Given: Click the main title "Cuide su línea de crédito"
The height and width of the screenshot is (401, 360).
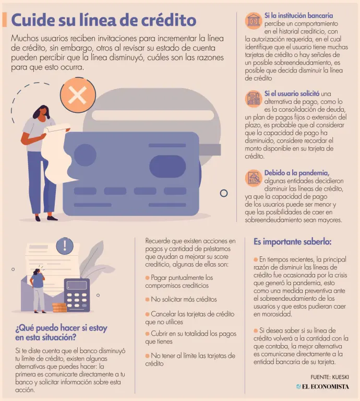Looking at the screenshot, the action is (x=104, y=20).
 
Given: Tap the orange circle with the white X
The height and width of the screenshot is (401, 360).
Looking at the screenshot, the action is (x=78, y=95).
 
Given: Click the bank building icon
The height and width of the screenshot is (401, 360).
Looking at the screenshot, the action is (x=253, y=20).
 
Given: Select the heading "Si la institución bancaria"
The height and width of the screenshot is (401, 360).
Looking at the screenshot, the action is (x=298, y=16).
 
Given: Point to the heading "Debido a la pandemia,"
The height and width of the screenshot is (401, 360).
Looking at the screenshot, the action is (x=297, y=173).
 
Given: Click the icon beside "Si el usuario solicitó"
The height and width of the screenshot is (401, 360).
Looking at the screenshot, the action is (x=253, y=99).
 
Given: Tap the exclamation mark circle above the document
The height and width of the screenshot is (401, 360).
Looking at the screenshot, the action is (x=65, y=246).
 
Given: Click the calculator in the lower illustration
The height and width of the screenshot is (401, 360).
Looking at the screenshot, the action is (x=77, y=295).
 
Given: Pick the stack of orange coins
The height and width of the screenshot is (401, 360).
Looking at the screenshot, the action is (x=59, y=308).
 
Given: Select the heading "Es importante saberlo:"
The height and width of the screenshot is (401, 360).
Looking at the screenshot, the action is (x=292, y=242).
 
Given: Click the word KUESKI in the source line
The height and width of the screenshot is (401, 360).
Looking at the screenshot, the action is (x=340, y=377).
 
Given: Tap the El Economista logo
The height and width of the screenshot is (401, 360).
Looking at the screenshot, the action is (x=322, y=386).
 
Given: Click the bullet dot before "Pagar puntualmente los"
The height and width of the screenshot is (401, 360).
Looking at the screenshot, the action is (x=147, y=278).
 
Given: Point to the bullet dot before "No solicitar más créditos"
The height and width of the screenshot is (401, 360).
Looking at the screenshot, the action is (x=147, y=300).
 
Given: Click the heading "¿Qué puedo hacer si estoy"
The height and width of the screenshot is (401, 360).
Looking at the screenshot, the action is (x=62, y=328).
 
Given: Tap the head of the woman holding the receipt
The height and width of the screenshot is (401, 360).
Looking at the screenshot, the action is (x=44, y=111).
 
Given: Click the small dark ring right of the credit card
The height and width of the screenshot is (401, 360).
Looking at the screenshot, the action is (x=224, y=193).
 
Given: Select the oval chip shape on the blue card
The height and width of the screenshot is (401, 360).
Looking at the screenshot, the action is (x=167, y=166).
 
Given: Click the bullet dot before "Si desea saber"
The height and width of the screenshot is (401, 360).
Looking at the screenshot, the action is (x=256, y=331).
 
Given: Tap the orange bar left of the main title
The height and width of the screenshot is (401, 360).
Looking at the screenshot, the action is (x=4, y=20).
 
